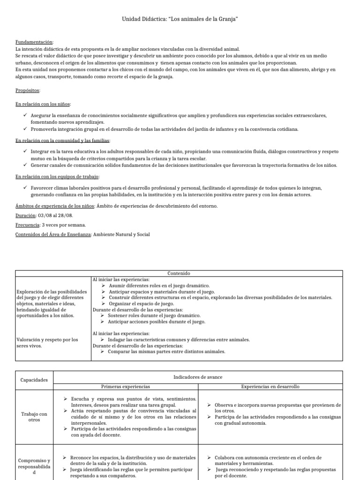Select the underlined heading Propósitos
coord(28,90)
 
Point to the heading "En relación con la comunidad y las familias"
coord(62,140)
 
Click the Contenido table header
coord(180,273)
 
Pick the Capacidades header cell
coord(34,380)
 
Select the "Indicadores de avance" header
coord(197,376)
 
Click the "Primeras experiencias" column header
coord(126,387)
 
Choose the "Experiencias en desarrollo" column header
coord(270,387)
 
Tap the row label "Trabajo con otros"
coord(34,417)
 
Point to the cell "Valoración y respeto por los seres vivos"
coord(47,343)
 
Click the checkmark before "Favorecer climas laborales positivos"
coord(25,187)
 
